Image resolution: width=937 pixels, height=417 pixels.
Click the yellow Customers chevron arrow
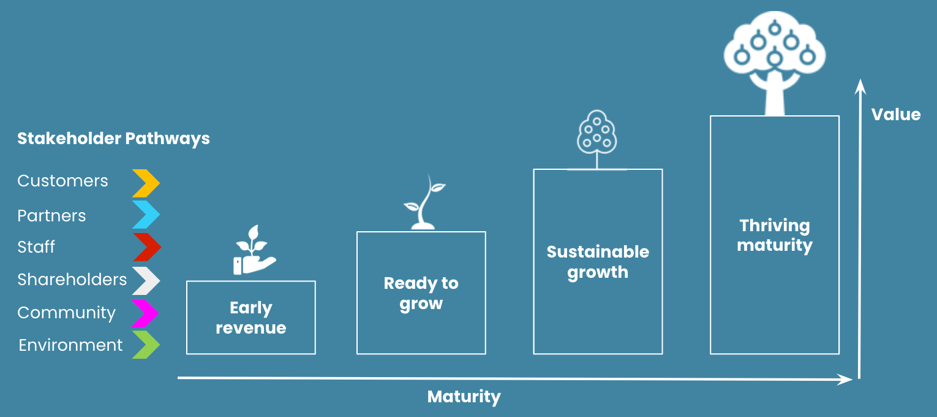pos(146,183)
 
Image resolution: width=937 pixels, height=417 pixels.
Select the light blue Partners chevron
pos(146,215)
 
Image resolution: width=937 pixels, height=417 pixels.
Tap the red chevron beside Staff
pos(146,247)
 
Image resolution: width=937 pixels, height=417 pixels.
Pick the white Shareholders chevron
pos(146,280)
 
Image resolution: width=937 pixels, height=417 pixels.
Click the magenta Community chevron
pos(146,313)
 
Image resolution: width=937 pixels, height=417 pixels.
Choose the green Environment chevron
pos(146,345)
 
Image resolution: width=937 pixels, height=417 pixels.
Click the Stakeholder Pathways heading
pos(113,139)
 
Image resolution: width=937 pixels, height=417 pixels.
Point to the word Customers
pos(62,181)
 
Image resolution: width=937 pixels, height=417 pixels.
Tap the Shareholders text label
pos(72,280)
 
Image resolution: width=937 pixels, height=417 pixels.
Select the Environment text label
pos(70,345)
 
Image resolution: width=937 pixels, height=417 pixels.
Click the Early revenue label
pos(251,318)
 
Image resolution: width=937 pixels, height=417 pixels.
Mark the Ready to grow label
pos(421,293)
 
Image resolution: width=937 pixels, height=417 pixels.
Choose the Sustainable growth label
pos(598,262)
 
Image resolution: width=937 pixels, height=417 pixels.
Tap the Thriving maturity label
pos(775,235)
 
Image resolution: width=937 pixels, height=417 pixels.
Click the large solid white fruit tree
pos(775,61)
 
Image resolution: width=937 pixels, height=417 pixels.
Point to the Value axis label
pos(896,115)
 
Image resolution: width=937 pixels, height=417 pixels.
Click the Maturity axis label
pos(464,397)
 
